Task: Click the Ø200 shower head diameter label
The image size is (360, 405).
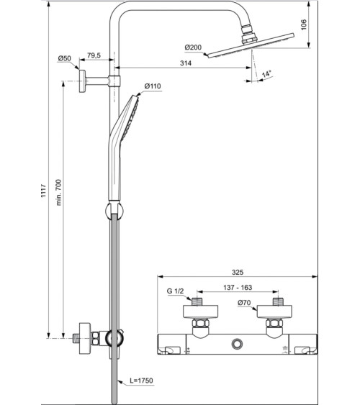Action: point(194,47)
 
